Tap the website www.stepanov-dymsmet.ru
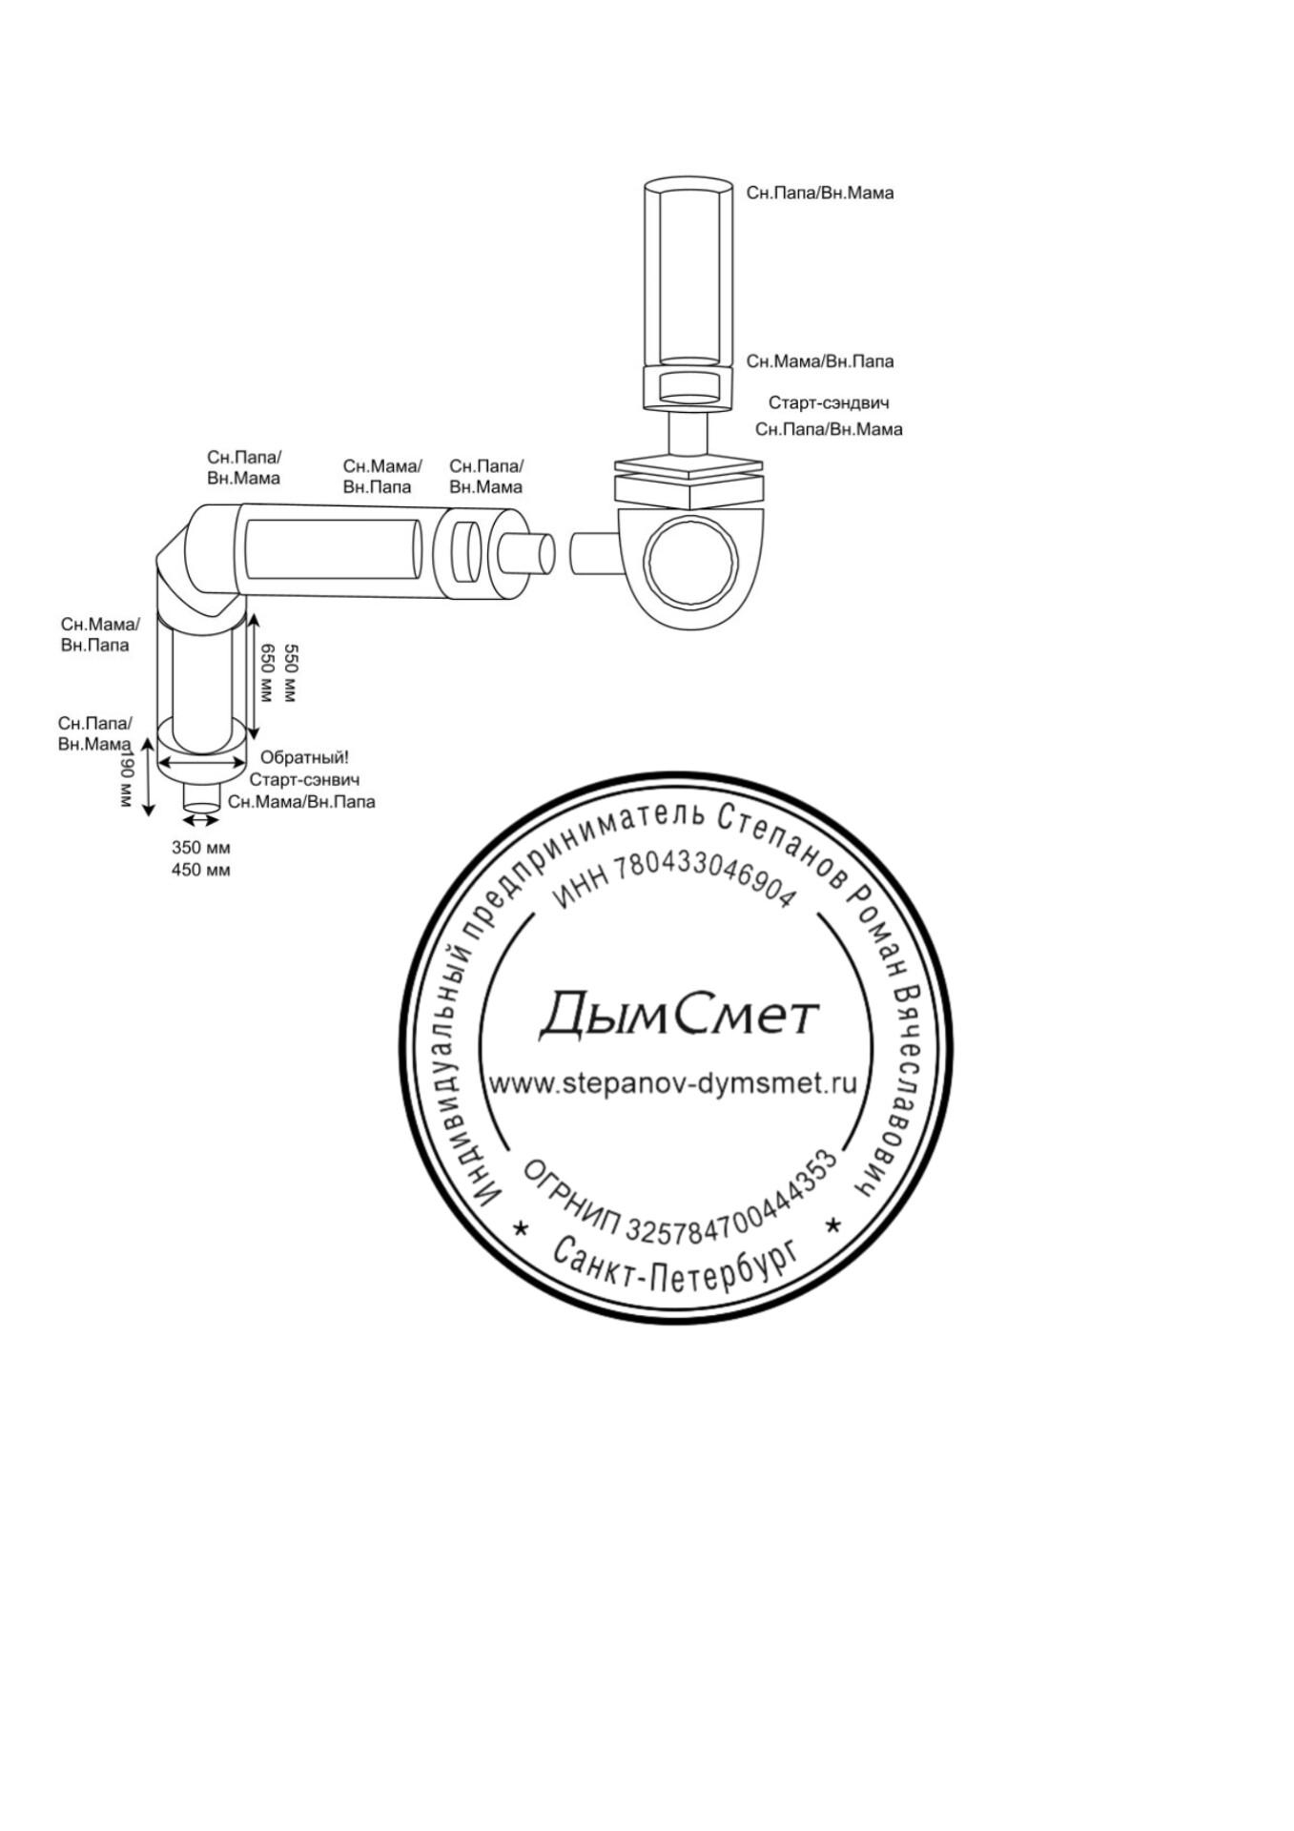coord(672,1083)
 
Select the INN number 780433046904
coord(673,883)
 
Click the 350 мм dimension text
coord(200,847)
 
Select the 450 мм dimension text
coord(200,870)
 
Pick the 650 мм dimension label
coord(268,673)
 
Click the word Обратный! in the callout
coord(304,757)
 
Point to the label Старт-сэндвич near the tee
coord(828,403)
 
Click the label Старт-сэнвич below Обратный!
coord(304,780)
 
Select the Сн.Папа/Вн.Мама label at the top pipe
coord(819,193)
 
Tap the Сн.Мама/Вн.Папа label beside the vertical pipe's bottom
coord(819,361)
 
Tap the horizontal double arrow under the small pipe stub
coord(200,819)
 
